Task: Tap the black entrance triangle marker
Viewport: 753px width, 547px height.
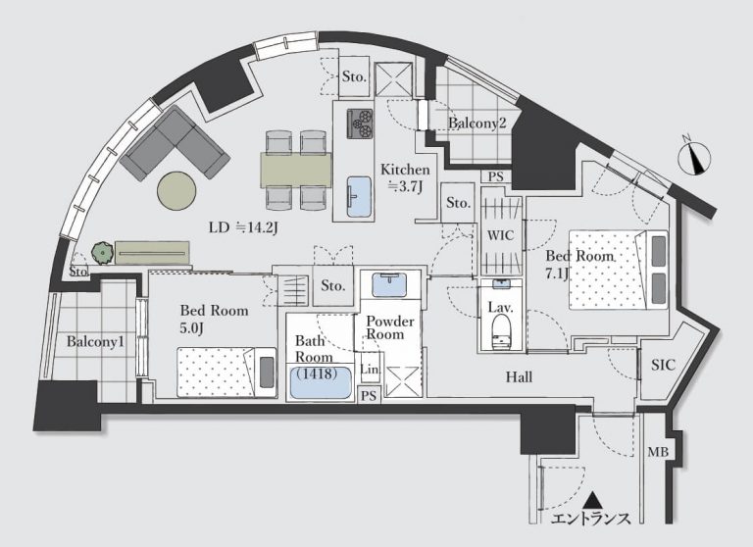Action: pyautogui.click(x=593, y=500)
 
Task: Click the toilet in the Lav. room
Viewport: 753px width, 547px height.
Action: pyautogui.click(x=500, y=330)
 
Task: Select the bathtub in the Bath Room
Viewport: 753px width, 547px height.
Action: pyautogui.click(x=320, y=382)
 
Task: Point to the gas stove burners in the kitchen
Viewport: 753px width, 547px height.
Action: pyautogui.click(x=360, y=124)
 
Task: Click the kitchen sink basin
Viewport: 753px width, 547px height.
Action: pyautogui.click(x=359, y=196)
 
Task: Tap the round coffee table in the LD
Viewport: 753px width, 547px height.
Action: pyautogui.click(x=176, y=190)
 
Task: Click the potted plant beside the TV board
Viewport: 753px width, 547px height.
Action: pyautogui.click(x=102, y=252)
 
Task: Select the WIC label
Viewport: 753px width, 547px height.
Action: pyautogui.click(x=500, y=235)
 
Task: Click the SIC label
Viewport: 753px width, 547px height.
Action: pyautogui.click(x=663, y=365)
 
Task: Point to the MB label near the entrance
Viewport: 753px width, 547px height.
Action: pyautogui.click(x=658, y=452)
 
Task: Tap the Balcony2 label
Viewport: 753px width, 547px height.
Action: pyautogui.click(x=477, y=123)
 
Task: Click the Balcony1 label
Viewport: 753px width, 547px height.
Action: pyautogui.click(x=95, y=342)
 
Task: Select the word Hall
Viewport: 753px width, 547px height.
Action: pyautogui.click(x=519, y=377)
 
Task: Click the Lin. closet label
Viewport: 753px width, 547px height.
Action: pyautogui.click(x=371, y=370)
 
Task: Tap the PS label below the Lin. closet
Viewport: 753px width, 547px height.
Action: pyautogui.click(x=369, y=396)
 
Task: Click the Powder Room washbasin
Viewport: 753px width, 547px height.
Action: pyautogui.click(x=389, y=285)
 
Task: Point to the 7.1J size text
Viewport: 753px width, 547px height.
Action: pyautogui.click(x=557, y=273)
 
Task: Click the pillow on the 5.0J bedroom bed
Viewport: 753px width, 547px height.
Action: pyautogui.click(x=266, y=373)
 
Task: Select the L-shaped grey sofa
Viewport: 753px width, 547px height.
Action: pyautogui.click(x=175, y=143)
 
